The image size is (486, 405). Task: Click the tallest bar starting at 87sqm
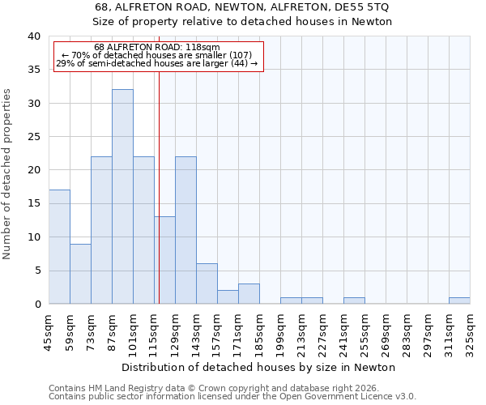click(122, 197)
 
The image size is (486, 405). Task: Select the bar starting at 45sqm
click(59, 247)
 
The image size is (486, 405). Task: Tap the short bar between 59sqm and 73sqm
click(80, 274)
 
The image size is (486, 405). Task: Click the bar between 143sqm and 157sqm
click(207, 283)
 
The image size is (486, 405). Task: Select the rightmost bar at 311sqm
click(459, 301)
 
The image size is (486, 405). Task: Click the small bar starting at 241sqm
click(354, 301)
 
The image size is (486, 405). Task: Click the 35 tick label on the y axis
click(34, 70)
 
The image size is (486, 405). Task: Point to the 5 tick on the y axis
click(37, 271)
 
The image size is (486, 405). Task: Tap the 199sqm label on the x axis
click(281, 332)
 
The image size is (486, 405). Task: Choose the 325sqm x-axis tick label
click(471, 332)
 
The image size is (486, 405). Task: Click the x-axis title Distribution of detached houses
click(259, 367)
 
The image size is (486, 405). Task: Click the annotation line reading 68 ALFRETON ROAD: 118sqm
click(156, 48)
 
